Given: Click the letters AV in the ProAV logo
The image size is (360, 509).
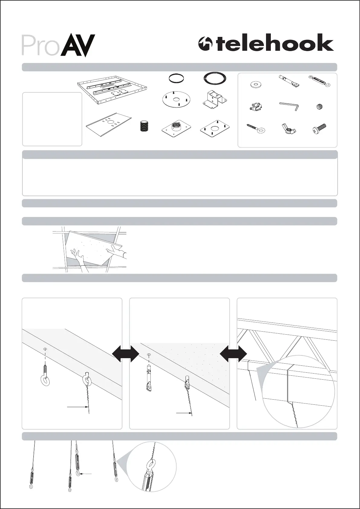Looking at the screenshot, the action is (78, 45).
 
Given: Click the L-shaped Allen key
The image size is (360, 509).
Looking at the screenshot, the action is (289, 106).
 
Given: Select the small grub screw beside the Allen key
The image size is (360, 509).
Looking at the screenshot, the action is (320, 106).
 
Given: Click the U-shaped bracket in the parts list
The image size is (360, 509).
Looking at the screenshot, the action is (215, 98).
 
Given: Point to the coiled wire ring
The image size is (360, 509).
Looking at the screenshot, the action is (215, 78).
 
